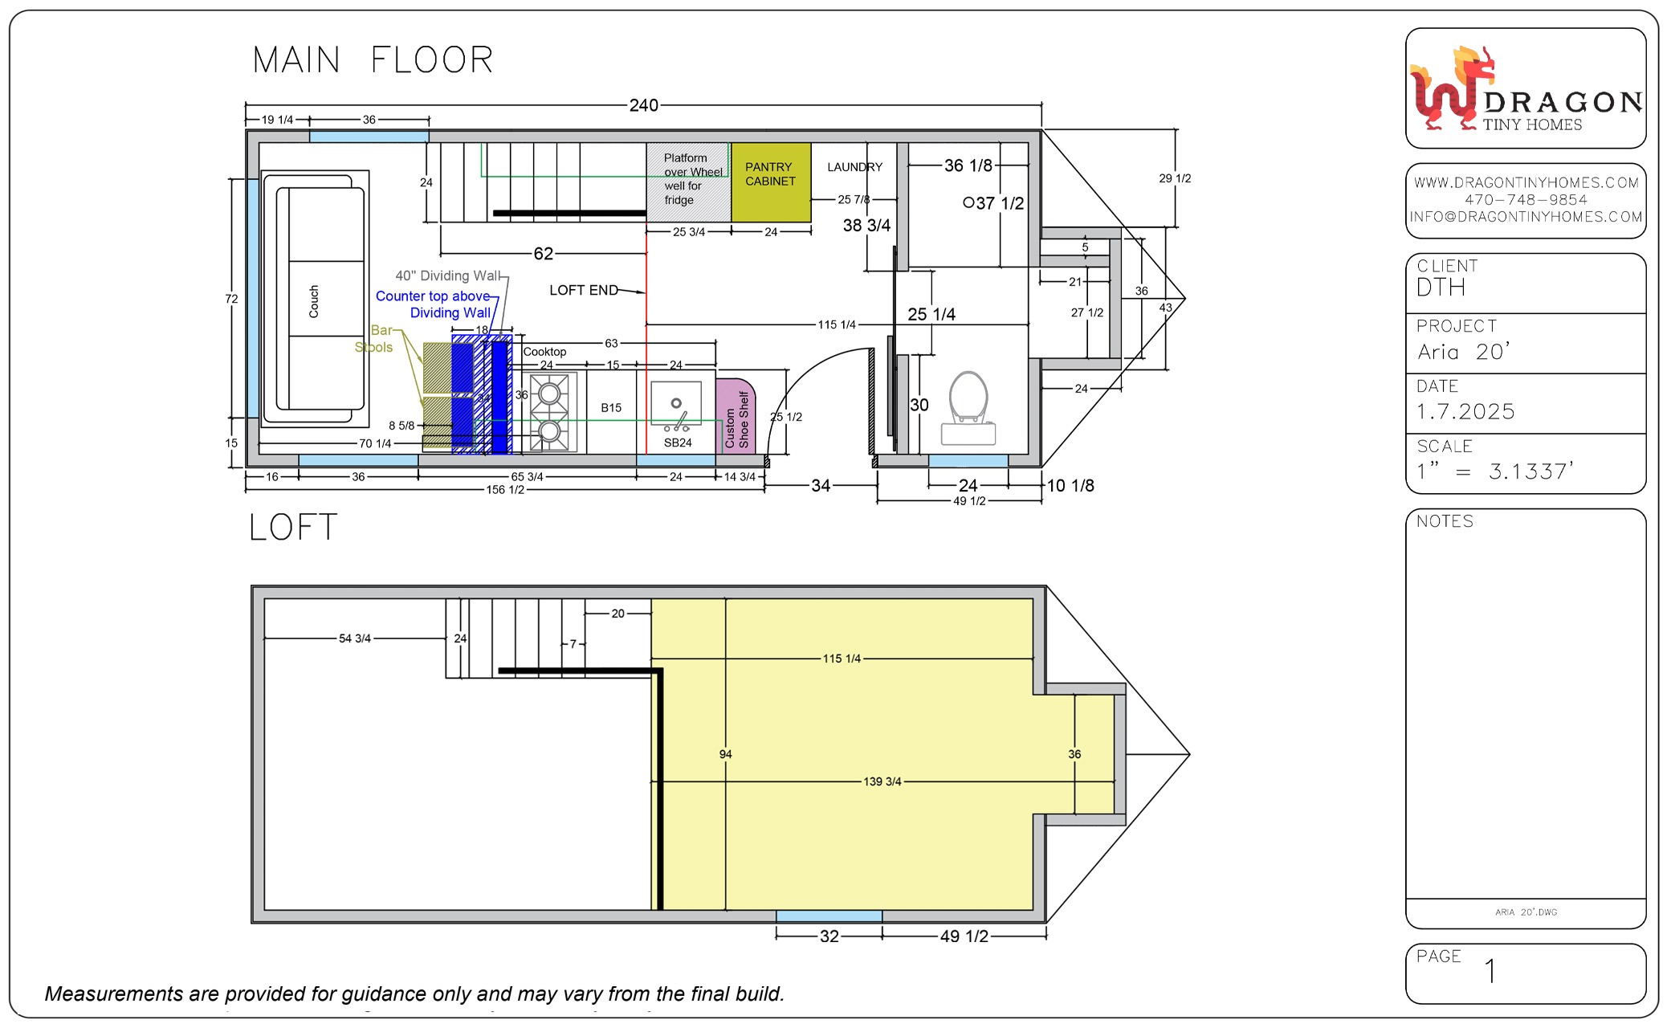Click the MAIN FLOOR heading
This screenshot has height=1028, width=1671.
point(373,60)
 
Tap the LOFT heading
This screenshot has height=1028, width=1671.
point(293,528)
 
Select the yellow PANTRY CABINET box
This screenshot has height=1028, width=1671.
point(770,182)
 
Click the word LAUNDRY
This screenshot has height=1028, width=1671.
point(854,167)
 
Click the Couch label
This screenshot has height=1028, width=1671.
point(314,301)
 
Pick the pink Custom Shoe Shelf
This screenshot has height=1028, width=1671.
point(736,416)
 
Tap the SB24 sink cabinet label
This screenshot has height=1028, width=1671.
point(678,443)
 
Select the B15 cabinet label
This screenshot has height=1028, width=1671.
point(611,408)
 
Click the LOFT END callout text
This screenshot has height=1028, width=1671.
point(584,290)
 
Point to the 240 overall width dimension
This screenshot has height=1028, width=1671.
point(643,105)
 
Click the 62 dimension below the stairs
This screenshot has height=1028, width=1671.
point(544,254)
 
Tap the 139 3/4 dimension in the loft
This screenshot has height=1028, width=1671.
point(882,781)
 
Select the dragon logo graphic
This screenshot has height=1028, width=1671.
point(1453,88)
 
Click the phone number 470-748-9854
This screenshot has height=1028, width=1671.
point(1526,200)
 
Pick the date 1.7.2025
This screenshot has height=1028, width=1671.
point(1465,412)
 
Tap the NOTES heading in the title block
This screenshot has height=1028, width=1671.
point(1445,521)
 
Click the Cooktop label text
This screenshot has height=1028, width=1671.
point(544,352)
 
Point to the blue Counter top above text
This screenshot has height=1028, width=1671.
point(433,296)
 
